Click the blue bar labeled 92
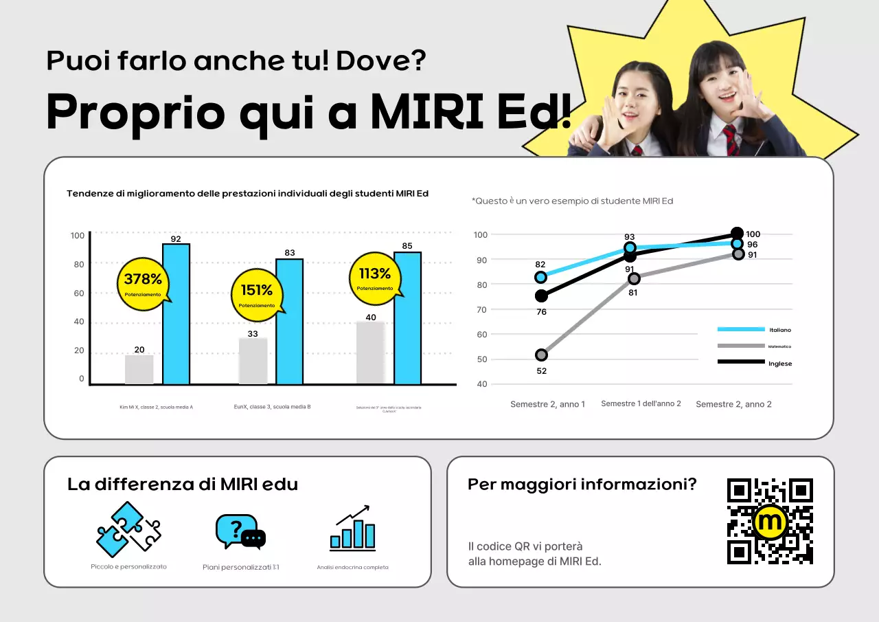[x=176, y=314]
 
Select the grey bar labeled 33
[x=253, y=361]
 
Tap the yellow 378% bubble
[x=143, y=282]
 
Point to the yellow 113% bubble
[x=374, y=277]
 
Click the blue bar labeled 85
[x=407, y=318]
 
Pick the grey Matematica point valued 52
[x=541, y=355]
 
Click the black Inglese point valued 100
[x=737, y=234]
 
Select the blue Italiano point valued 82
[x=541, y=277]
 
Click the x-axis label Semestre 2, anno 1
[x=547, y=404]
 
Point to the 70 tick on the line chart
[x=481, y=309]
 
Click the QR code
[x=770, y=521]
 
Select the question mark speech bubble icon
[x=240, y=531]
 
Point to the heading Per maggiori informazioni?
[x=582, y=484]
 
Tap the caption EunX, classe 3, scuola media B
[x=272, y=407]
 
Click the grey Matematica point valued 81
[x=634, y=278]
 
